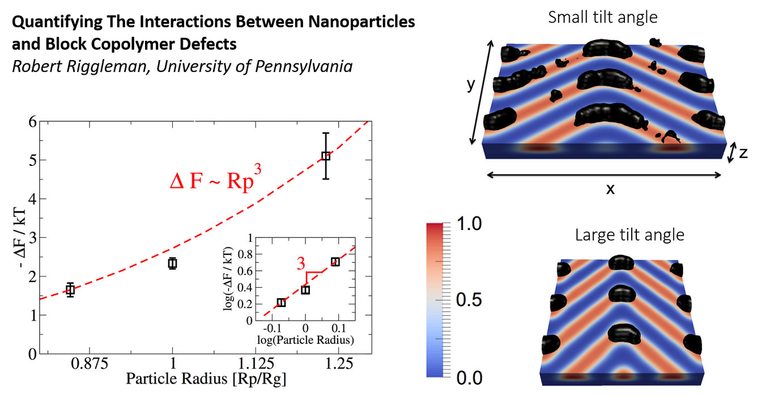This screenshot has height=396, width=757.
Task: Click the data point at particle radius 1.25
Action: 326,155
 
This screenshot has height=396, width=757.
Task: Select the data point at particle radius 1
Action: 172,263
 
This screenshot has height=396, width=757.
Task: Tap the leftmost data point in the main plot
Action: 70,290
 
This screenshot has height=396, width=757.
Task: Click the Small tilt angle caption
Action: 603,17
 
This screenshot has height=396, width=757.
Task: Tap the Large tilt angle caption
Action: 630,235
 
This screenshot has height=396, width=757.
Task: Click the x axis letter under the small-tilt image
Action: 610,188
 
